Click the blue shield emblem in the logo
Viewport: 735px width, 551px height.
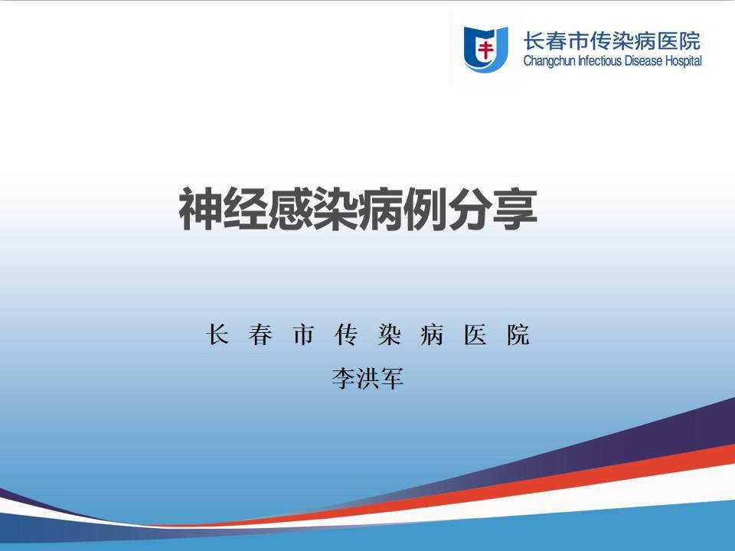(485, 49)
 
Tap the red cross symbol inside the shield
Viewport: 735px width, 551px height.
(485, 49)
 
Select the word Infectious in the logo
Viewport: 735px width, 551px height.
(600, 61)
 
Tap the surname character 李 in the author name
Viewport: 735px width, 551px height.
(344, 378)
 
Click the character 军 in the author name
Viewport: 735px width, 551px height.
(392, 378)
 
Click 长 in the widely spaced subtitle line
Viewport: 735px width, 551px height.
(217, 334)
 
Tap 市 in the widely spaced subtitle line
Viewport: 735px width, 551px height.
(303, 334)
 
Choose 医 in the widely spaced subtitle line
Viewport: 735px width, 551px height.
(475, 334)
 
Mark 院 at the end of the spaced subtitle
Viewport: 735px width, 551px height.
(518, 334)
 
